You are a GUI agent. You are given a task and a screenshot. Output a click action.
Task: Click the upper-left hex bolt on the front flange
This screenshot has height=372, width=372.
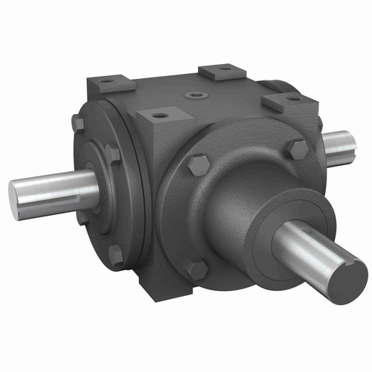click(198, 165)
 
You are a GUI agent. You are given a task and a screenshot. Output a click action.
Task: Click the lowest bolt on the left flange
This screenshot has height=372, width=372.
click(115, 254)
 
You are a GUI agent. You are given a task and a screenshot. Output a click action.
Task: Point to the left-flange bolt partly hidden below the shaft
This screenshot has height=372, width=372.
click(80, 217)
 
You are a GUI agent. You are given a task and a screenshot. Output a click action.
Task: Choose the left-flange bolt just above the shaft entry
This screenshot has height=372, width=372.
click(111, 155)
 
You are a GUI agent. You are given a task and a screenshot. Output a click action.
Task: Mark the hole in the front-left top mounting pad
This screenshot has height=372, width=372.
click(158, 116)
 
